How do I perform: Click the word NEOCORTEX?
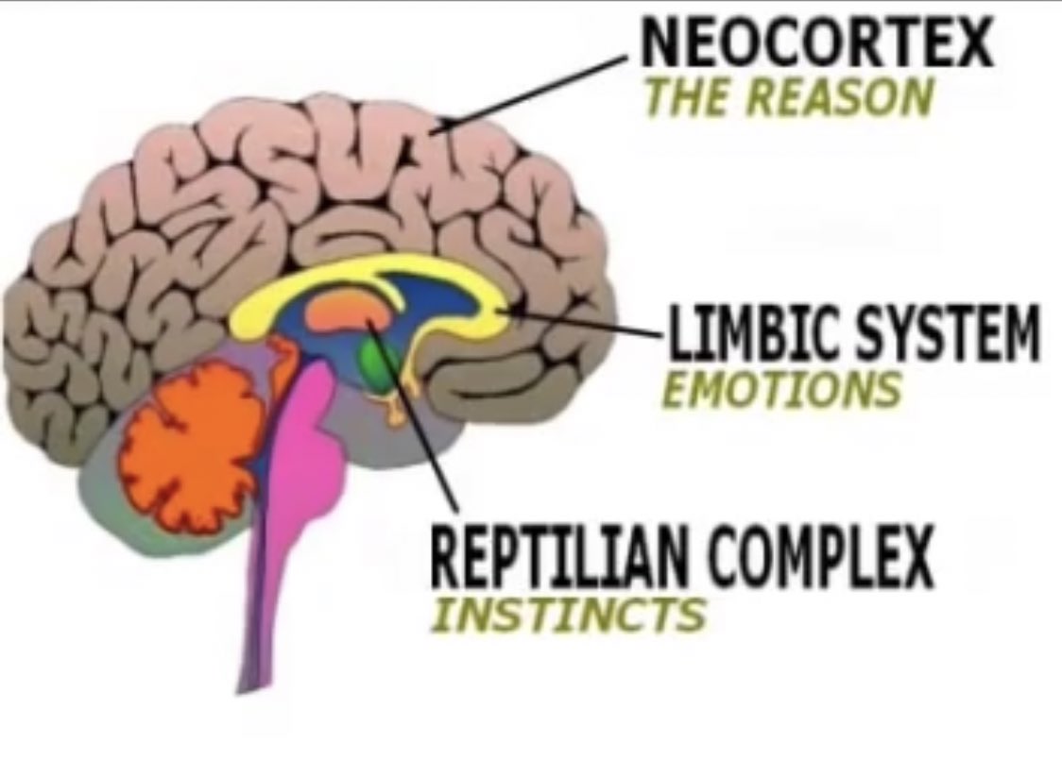[x=817, y=43]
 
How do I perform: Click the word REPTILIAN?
[x=557, y=558]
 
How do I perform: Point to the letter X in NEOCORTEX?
[x=973, y=43]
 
